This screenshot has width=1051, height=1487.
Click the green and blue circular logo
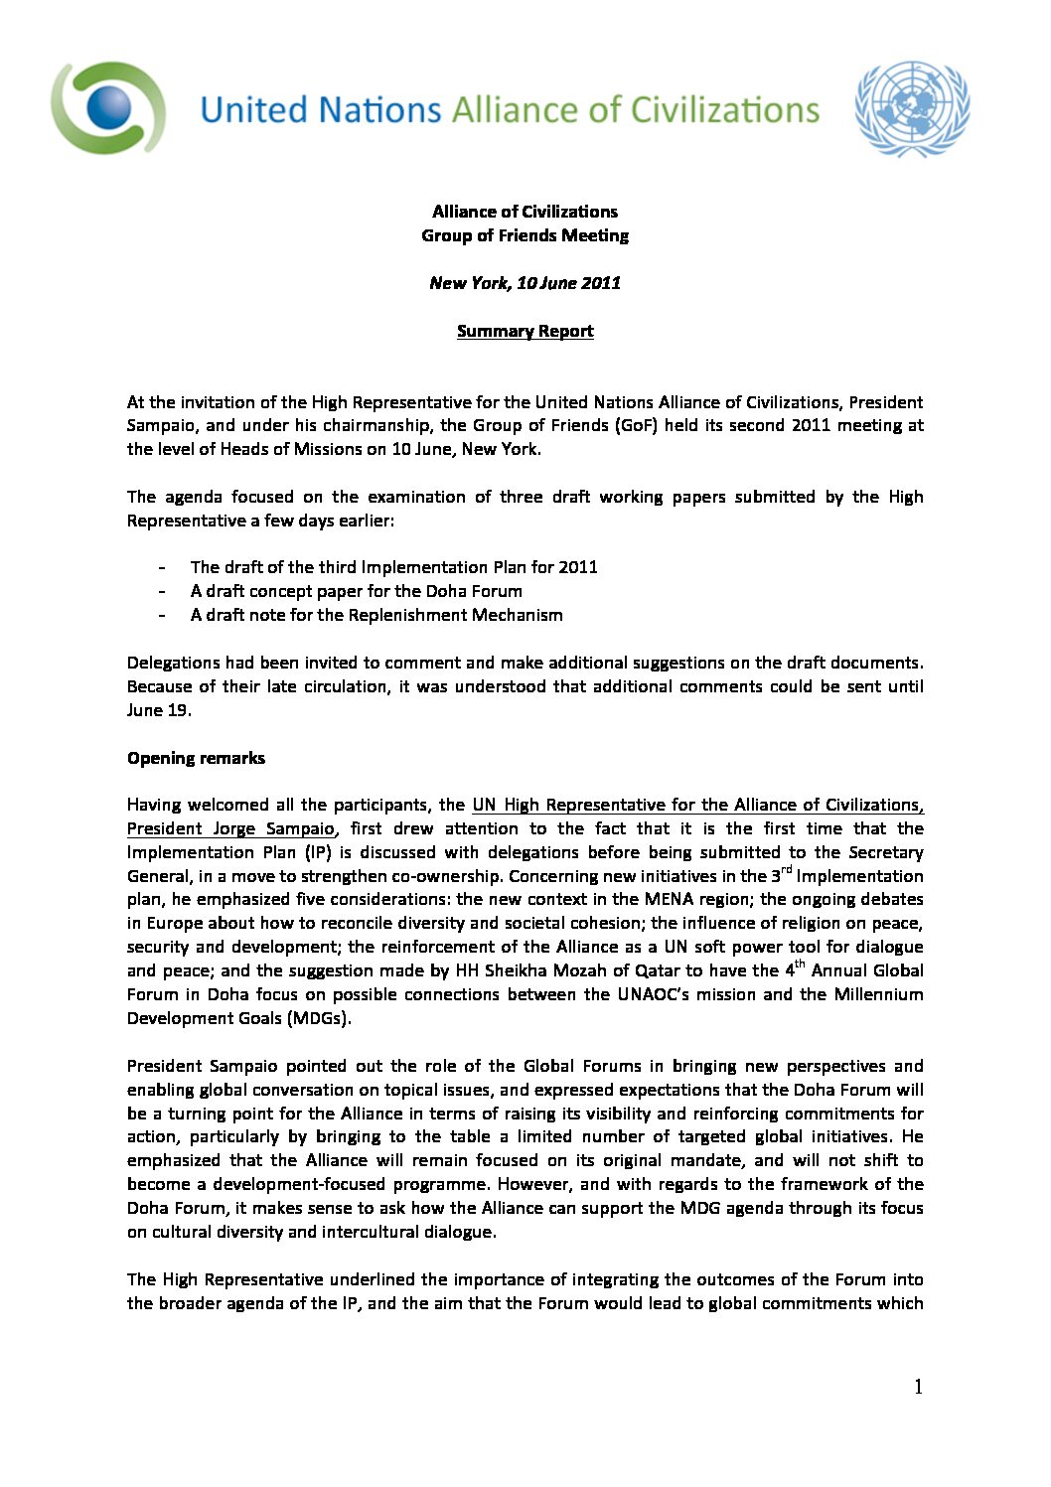tap(108, 107)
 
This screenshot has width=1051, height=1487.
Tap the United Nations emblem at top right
tap(911, 108)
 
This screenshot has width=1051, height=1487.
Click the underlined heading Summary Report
tap(525, 332)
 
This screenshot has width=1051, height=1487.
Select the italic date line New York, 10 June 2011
tap(525, 283)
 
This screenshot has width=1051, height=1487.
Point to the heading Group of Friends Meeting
tap(525, 236)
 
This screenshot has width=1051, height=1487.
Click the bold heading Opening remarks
tap(196, 759)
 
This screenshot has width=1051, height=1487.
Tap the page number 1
tap(918, 1388)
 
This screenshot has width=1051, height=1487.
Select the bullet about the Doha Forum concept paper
tap(356, 592)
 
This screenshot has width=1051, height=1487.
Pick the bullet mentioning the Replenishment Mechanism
tap(376, 616)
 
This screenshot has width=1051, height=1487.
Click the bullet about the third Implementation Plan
tap(393, 568)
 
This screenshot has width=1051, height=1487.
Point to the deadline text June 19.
tap(159, 711)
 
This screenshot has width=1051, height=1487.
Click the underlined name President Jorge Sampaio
tap(230, 829)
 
